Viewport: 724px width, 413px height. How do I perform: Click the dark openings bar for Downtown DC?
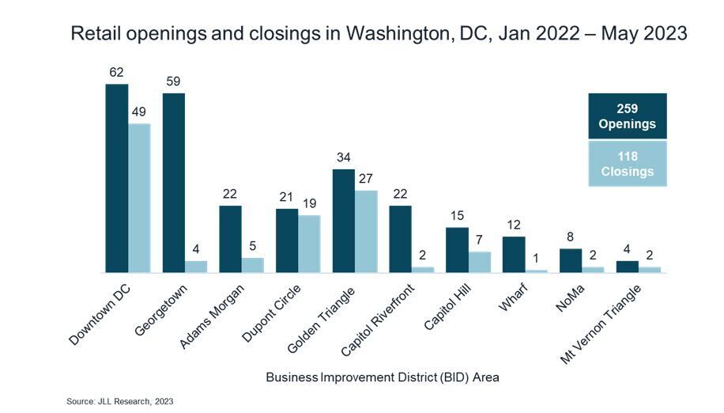pyautogui.click(x=117, y=178)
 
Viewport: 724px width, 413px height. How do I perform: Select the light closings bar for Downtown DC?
pyautogui.click(x=139, y=198)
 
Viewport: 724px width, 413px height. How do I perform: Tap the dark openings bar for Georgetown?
pyautogui.click(x=174, y=183)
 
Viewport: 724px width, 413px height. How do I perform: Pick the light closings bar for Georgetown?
pyautogui.click(x=196, y=267)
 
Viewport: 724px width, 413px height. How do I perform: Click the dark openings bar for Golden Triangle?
pyautogui.click(x=344, y=221)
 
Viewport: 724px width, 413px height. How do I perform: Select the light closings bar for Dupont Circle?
pyautogui.click(x=309, y=244)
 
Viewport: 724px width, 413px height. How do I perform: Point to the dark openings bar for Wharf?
pyautogui.click(x=514, y=255)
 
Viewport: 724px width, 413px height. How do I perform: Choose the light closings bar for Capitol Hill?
pyautogui.click(x=479, y=262)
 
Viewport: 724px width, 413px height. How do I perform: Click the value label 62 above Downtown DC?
pyautogui.click(x=117, y=73)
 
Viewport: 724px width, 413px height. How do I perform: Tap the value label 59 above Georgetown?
pyautogui.click(x=174, y=81)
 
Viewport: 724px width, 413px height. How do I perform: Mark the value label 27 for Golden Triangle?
pyautogui.click(x=366, y=179)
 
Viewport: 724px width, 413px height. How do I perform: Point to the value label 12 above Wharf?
pyautogui.click(x=514, y=225)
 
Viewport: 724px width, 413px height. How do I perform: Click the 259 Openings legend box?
pyautogui.click(x=628, y=116)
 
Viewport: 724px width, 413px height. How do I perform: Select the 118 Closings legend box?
pyautogui.click(x=628, y=164)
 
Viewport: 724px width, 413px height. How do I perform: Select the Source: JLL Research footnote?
pyautogui.click(x=119, y=402)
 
